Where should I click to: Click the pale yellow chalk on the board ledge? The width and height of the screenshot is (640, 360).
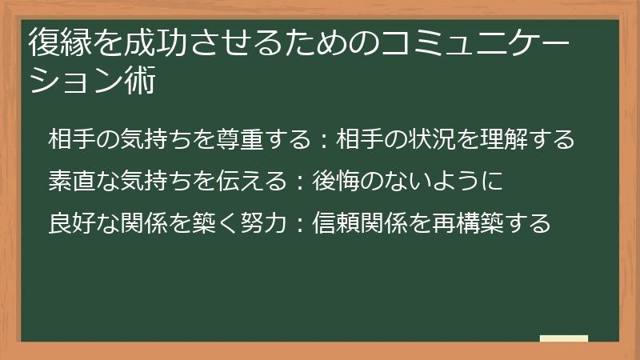click(564, 338)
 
